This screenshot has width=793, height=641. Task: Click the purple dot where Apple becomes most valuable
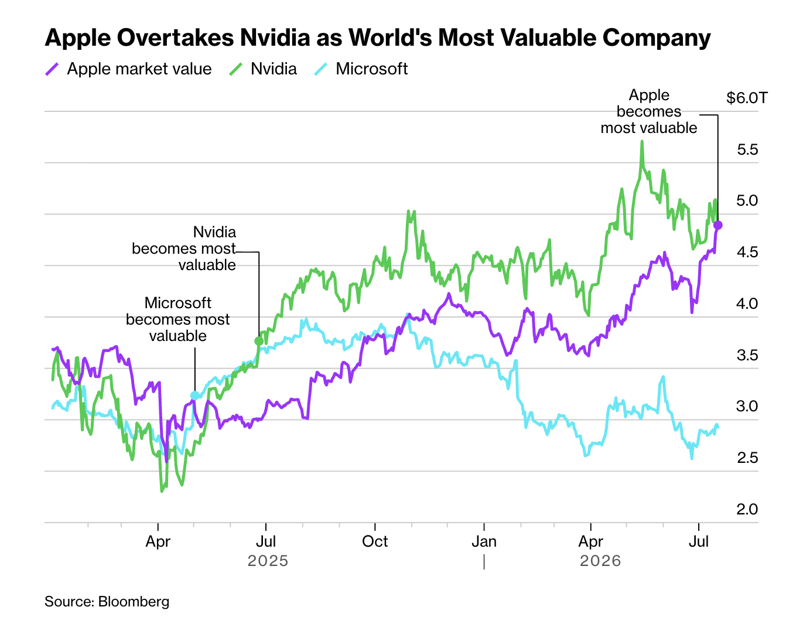click(x=717, y=225)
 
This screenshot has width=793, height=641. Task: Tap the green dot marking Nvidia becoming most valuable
click(x=259, y=340)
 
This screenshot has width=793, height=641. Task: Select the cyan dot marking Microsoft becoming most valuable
click(x=194, y=395)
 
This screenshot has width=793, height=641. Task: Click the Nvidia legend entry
click(x=263, y=69)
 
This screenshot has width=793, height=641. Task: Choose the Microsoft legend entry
click(x=361, y=69)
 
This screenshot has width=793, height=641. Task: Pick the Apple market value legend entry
click(x=128, y=69)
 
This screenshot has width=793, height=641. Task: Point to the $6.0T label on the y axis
click(x=747, y=98)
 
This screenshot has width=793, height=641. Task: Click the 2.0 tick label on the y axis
click(x=747, y=509)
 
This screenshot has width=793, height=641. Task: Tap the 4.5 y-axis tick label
click(x=747, y=252)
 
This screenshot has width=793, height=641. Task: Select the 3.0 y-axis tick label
click(x=747, y=406)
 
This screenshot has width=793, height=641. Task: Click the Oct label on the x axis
click(x=374, y=541)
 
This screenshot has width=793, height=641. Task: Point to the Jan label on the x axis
click(x=484, y=541)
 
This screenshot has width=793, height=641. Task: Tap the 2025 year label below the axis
click(x=268, y=561)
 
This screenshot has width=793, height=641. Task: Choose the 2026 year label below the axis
click(x=600, y=561)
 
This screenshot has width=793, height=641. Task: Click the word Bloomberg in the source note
click(x=134, y=602)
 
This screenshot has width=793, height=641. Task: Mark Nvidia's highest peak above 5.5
click(x=642, y=142)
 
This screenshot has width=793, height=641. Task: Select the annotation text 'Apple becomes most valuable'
click(x=648, y=111)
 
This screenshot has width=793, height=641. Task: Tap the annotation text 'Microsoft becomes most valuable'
click(x=177, y=319)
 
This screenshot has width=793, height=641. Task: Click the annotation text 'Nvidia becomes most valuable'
click(x=184, y=248)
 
